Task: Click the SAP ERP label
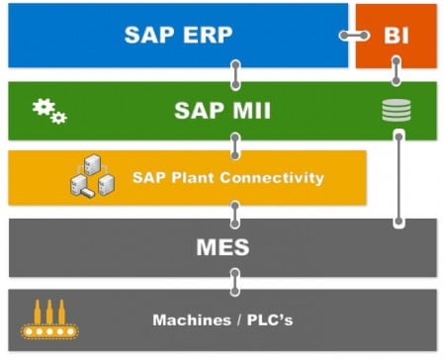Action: (x=178, y=36)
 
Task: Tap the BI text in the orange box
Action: (x=396, y=36)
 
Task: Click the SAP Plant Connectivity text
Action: (x=228, y=178)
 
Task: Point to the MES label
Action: (x=222, y=246)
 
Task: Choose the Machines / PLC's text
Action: (x=222, y=319)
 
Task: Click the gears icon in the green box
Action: (x=49, y=110)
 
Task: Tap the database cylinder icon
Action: (x=396, y=110)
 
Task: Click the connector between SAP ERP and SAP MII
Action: (x=235, y=74)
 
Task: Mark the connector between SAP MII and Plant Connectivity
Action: (x=235, y=144)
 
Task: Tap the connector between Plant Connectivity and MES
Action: (x=235, y=212)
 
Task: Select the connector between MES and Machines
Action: (x=235, y=283)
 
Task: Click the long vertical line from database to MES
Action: (x=398, y=178)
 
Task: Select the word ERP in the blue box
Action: (x=205, y=36)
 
